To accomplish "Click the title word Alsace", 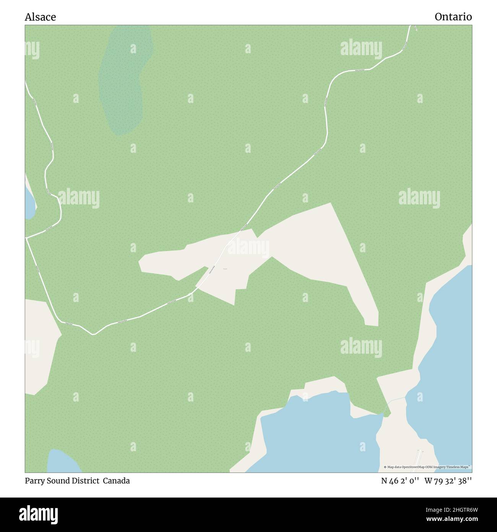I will (x=40, y=17).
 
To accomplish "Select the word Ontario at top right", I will (x=453, y=17).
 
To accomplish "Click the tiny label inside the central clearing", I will (x=225, y=269).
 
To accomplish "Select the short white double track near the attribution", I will (x=420, y=457).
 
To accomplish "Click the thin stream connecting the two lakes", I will (x=396, y=400).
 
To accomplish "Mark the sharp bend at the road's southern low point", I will (x=93, y=334).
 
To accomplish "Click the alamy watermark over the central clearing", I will (x=248, y=248).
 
